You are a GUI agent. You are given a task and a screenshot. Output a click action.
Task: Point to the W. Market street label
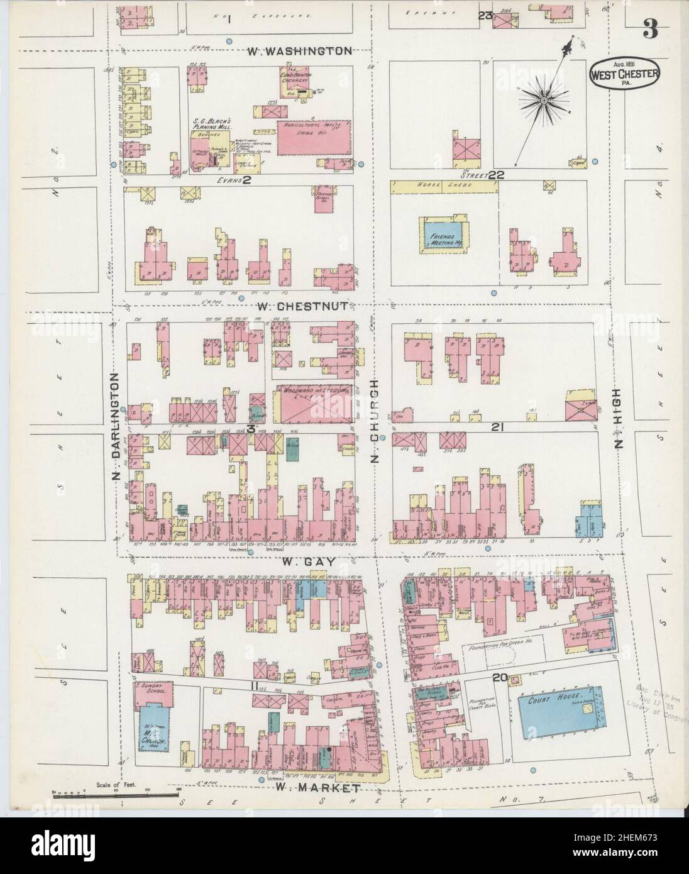pos(318,787)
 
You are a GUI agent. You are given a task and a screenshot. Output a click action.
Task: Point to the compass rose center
pos(542,99)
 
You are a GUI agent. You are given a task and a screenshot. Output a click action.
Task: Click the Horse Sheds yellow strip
pos(440,186)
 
